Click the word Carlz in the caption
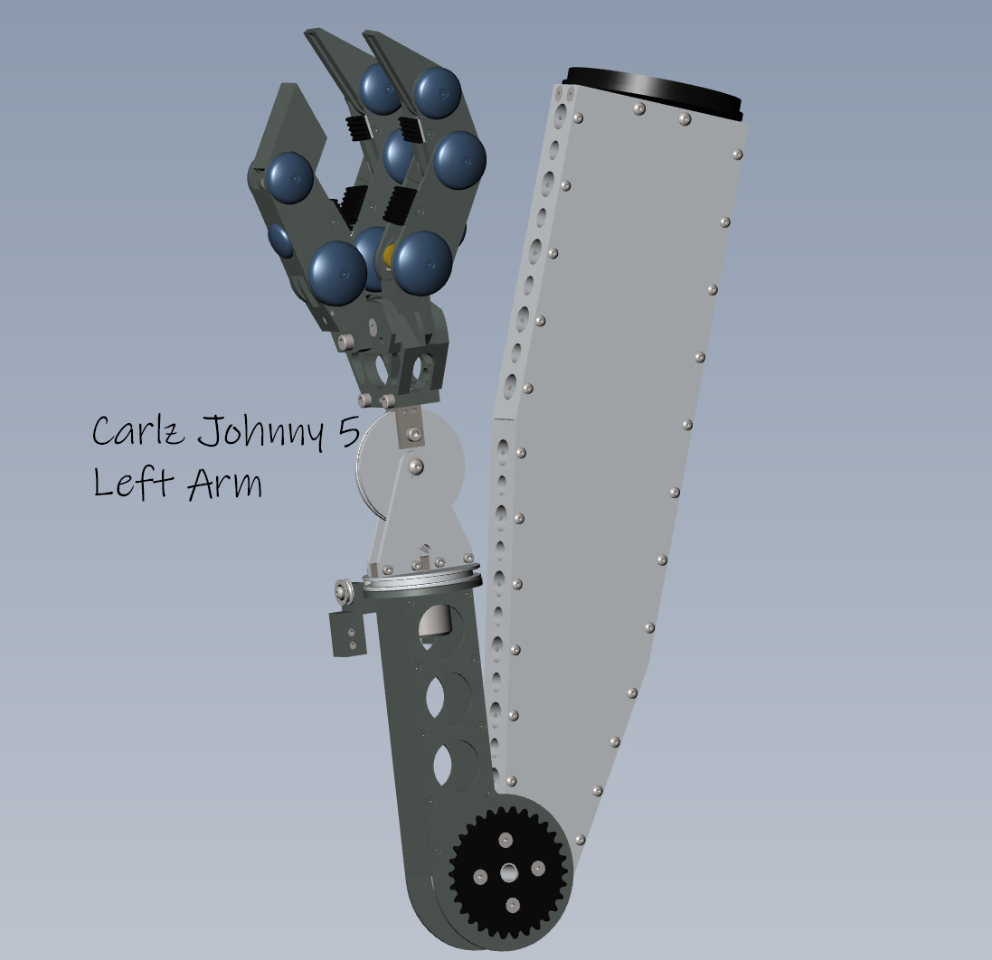[138, 430]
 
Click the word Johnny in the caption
[261, 433]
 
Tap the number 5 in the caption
[348, 432]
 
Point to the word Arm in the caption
[224, 483]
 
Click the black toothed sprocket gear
[509, 872]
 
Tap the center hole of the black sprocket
[509, 873]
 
